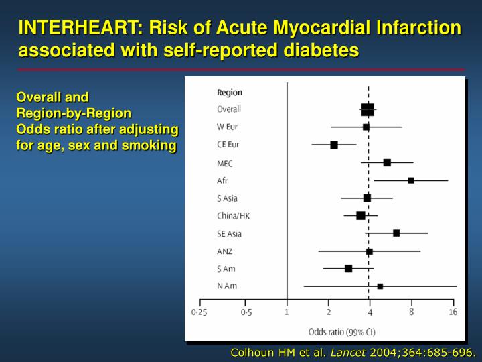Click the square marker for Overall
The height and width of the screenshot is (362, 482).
[x=368, y=109]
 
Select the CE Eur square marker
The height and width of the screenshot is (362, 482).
[x=334, y=145]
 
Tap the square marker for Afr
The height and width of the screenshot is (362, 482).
[x=411, y=180]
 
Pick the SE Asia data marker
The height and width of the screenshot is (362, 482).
[x=396, y=233]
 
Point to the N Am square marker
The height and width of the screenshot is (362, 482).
[x=380, y=286]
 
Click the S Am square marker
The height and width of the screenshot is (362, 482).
[x=348, y=268]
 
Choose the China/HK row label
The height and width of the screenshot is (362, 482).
[x=233, y=216]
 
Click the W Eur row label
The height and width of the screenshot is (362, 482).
[x=227, y=127]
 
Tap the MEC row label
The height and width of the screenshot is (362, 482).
[x=224, y=163]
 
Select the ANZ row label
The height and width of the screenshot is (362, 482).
[x=224, y=251]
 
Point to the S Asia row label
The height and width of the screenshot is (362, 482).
[x=227, y=198]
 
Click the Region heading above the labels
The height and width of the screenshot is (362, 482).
[x=230, y=93]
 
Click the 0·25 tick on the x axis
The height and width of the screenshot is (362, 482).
[x=199, y=312]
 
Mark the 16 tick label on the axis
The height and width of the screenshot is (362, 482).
[x=453, y=312]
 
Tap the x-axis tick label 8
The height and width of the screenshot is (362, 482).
[x=411, y=312]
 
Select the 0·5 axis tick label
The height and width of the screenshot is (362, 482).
[x=246, y=312]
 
